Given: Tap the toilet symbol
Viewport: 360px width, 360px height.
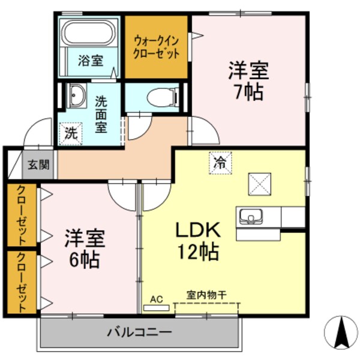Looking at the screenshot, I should coord(163,97).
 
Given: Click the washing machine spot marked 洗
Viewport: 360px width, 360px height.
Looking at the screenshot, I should coord(70,132).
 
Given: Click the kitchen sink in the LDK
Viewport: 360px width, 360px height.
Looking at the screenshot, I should coord(251,215).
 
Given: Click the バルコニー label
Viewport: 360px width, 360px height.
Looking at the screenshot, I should coord(140,331).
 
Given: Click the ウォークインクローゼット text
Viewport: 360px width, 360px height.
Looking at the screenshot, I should coord(157,47).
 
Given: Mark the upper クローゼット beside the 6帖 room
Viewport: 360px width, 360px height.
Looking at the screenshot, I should coord(22,215).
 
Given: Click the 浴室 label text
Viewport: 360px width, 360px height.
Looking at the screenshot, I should coord(92,61).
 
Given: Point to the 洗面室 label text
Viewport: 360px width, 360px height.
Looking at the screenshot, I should coord(101,114).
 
